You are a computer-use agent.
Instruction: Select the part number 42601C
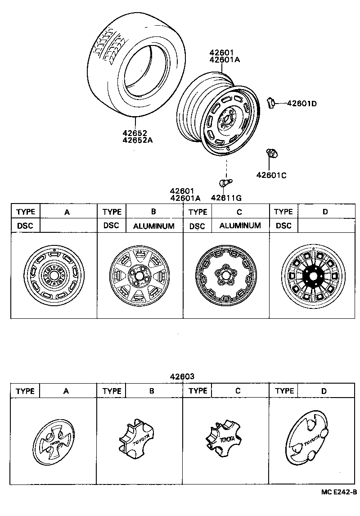click(x=271, y=175)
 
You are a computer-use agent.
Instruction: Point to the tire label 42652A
click(x=138, y=140)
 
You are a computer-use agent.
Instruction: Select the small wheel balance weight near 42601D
click(x=271, y=103)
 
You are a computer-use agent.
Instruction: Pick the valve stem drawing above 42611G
click(x=224, y=183)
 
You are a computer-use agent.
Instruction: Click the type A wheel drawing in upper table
click(x=54, y=275)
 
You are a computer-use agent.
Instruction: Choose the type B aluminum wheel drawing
click(x=139, y=276)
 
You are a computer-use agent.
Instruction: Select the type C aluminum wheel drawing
click(x=225, y=276)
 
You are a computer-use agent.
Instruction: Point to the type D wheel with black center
click(x=311, y=276)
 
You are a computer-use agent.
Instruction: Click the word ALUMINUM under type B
click(x=153, y=226)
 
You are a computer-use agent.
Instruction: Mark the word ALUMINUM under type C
click(x=240, y=225)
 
